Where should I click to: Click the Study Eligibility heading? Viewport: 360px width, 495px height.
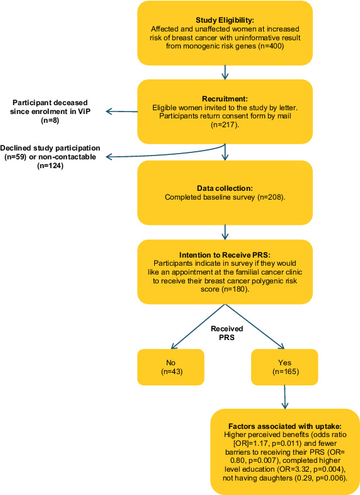(225, 20)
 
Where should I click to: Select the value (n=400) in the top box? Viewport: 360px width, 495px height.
(271, 47)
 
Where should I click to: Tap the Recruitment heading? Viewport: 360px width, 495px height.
(225, 99)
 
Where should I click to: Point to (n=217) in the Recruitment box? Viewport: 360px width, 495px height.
(225, 125)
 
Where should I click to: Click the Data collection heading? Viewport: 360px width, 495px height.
(225, 188)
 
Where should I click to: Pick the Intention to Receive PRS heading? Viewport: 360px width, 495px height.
(225, 255)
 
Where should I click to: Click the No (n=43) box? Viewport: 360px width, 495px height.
(171, 367)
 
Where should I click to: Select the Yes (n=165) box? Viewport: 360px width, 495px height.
(284, 367)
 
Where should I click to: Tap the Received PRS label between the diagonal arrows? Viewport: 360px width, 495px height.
(227, 333)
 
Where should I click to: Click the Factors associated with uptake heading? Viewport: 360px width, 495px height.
(285, 426)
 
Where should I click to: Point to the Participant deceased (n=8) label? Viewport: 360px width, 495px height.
(50, 111)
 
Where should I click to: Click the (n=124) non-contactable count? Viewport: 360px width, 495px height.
(50, 166)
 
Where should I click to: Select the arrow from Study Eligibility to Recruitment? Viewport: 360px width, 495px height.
(225, 72)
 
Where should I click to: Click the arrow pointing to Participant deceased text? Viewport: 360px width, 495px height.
(122, 111)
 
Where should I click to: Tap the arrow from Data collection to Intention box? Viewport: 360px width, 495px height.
(225, 232)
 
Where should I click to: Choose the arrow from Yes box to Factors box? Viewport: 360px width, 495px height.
(284, 397)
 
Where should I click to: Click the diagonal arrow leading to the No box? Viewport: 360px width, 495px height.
(198, 327)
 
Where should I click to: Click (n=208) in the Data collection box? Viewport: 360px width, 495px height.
(271, 197)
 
